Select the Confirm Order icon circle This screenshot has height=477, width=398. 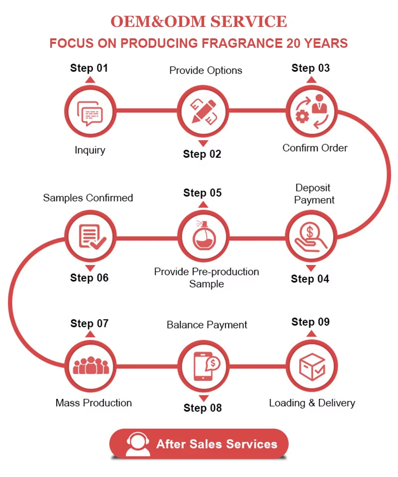coord(310,111)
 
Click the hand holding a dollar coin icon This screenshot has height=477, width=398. coord(310,237)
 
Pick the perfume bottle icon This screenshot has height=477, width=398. coord(202,237)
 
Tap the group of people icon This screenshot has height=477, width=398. coord(91,365)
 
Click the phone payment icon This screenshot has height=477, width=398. coord(203,365)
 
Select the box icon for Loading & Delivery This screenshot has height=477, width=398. coord(311,365)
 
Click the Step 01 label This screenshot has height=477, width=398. coord(89,68)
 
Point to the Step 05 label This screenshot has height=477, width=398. coord(202,193)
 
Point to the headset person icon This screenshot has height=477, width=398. coord(138,444)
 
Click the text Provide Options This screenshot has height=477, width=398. coord(205,70)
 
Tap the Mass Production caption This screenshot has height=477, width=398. coord(94,403)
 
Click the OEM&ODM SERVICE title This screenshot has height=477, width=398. coord(199,21)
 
